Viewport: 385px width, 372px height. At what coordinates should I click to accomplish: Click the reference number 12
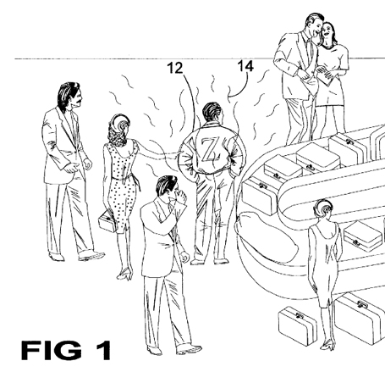click(x=175, y=69)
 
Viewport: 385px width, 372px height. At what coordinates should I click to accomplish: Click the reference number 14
click(x=245, y=66)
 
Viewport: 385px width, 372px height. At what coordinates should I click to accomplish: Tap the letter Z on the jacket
click(x=209, y=150)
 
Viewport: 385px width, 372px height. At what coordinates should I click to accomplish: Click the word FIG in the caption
click(x=52, y=350)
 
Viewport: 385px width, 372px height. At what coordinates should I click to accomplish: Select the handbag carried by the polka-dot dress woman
click(x=107, y=222)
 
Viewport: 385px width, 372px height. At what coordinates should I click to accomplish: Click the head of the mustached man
click(x=70, y=96)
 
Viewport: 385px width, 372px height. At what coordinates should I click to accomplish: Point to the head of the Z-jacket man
click(x=213, y=112)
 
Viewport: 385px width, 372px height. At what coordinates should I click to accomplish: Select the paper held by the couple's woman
click(x=327, y=76)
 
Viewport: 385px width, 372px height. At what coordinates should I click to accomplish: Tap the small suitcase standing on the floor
click(x=298, y=325)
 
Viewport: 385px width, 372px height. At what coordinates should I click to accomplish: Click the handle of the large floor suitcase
click(x=362, y=304)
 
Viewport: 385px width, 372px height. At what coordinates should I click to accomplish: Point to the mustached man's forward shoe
click(x=91, y=256)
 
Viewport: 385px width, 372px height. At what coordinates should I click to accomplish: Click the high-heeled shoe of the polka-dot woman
click(x=125, y=273)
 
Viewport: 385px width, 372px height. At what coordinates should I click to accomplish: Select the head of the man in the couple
click(x=314, y=25)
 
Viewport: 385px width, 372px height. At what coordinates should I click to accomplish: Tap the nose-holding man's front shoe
click(x=189, y=349)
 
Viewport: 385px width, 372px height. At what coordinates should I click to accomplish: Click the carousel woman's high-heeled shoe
click(x=327, y=345)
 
